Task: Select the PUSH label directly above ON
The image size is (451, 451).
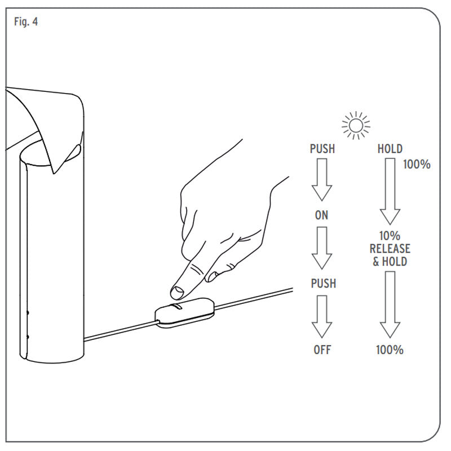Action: click(322, 149)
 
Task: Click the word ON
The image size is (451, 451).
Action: click(321, 215)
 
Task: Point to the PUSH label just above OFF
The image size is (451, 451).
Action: click(323, 284)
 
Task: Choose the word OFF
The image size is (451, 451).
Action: click(322, 350)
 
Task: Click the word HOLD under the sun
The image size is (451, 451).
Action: click(390, 149)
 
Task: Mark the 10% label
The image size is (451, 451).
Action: click(390, 236)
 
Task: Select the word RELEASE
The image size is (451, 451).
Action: click(390, 249)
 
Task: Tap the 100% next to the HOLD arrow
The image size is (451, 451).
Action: click(417, 165)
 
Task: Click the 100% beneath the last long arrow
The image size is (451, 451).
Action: click(390, 350)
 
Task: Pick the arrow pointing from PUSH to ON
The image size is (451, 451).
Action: click(322, 179)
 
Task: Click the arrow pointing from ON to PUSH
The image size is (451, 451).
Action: click(322, 247)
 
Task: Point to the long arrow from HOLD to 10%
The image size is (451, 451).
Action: click(390, 192)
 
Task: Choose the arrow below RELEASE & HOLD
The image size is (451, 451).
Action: click(390, 304)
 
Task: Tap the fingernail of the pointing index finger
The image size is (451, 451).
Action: click(176, 292)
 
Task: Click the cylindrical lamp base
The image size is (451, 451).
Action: click(54, 254)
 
